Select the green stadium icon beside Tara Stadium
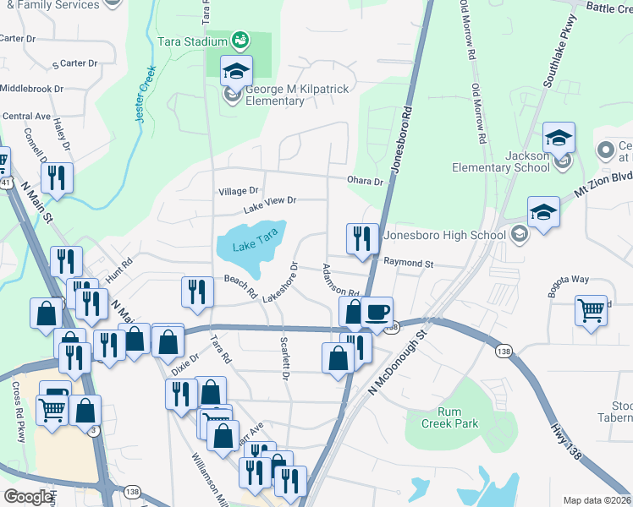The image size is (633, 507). [x=240, y=40]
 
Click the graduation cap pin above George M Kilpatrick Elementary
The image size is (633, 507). [x=237, y=71]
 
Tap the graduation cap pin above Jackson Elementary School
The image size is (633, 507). [x=559, y=137]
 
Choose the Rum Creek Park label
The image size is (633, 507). [x=451, y=417]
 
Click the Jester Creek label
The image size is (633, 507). [x=140, y=95]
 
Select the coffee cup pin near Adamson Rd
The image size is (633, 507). [x=377, y=311]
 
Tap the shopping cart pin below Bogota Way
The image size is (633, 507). [x=592, y=308]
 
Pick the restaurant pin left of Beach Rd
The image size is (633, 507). [x=197, y=292]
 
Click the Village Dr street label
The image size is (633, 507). [x=239, y=192]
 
